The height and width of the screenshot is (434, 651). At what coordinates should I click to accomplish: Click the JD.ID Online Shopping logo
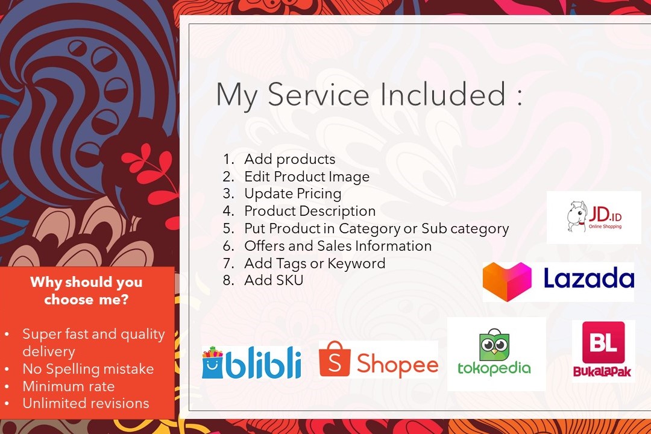point(594,217)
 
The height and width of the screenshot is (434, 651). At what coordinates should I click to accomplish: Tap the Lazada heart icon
point(507,281)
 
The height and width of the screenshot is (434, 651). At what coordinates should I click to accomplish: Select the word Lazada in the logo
point(589,278)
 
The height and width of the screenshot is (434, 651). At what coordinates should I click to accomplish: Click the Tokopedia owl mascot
point(494,345)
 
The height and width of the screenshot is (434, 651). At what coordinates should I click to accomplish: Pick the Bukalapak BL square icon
point(603,342)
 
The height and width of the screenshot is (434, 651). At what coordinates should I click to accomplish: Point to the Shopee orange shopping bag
point(335,359)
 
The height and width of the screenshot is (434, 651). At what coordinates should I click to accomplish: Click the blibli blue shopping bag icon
point(212,362)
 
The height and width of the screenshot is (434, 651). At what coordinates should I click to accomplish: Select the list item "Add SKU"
point(274,280)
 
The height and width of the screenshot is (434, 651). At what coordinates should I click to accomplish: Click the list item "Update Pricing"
point(293,194)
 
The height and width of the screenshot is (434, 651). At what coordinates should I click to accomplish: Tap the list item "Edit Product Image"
point(307,177)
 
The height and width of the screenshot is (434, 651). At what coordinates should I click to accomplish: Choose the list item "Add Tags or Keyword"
point(315,263)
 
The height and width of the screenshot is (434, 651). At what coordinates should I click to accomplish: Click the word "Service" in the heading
point(318,94)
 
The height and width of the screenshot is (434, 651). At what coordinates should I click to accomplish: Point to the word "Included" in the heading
point(443,94)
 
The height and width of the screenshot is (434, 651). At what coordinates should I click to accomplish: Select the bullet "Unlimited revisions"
point(86,403)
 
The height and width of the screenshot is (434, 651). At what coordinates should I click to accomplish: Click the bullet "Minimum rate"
point(69,386)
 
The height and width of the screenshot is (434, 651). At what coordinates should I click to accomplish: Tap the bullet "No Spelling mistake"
point(88,369)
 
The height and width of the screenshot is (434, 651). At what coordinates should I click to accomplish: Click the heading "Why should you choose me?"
point(86,291)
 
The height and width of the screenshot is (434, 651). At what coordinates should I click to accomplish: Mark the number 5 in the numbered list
point(228,228)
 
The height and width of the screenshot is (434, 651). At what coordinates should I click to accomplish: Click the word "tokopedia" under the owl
point(494,368)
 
